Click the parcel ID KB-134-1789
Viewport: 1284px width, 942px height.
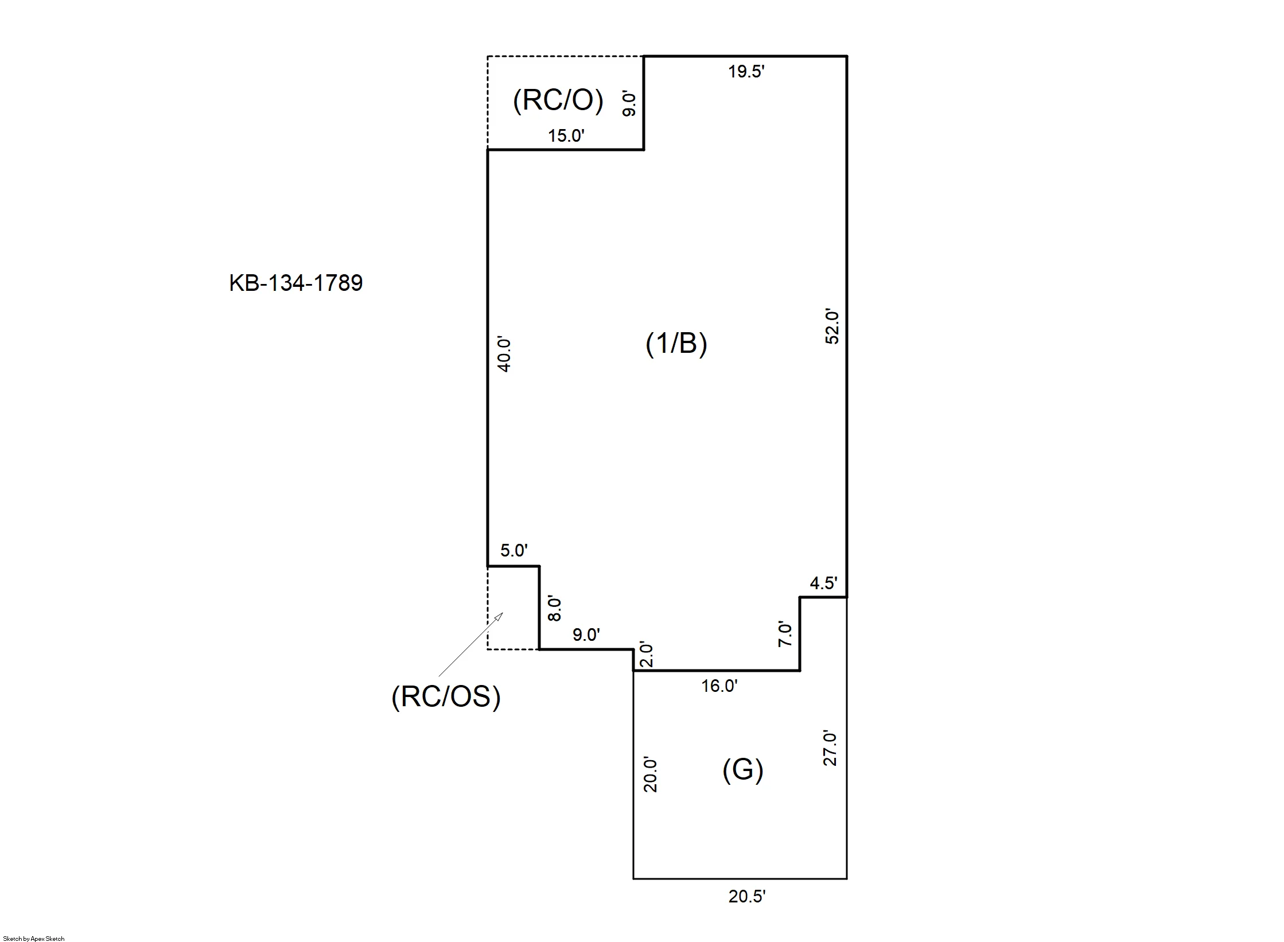coord(296,283)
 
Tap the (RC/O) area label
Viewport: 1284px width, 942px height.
coord(558,101)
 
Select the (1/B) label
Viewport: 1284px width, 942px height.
coord(676,344)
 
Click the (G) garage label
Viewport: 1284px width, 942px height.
coord(743,770)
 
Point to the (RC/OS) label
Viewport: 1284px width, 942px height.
coord(446,697)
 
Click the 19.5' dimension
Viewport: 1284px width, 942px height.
coord(746,72)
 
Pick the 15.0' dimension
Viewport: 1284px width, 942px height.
coord(566,136)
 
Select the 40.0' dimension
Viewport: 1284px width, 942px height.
coord(504,355)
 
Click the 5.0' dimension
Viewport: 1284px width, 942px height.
coord(514,551)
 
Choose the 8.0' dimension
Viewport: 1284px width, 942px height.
coord(555,609)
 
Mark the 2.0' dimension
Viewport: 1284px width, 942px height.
coord(646,655)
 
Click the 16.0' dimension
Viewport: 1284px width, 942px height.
coord(719,686)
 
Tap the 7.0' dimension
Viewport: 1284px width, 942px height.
coord(785,635)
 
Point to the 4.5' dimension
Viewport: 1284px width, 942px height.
coord(824,583)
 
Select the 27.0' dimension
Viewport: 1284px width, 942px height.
coord(830,748)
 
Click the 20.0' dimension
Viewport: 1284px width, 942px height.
coord(650,774)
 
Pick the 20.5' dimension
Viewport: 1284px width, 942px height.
coord(747,897)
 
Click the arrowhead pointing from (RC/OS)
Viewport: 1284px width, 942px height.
coord(499,616)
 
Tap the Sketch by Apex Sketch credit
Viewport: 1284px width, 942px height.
coord(34,939)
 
